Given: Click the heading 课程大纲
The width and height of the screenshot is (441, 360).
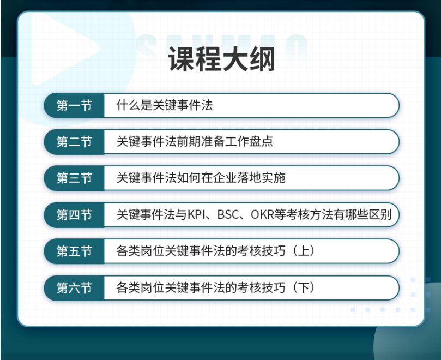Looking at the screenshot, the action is click(x=222, y=59).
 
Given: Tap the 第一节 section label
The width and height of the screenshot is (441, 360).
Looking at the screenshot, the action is click(x=74, y=106).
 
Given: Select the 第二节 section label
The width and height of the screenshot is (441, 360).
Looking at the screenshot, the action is click(x=74, y=142).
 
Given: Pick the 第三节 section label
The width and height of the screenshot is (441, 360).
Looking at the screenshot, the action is click(x=74, y=178).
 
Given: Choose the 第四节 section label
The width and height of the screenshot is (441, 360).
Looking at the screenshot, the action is click(x=74, y=215).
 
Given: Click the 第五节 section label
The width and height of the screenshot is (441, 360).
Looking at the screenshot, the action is click(x=74, y=251).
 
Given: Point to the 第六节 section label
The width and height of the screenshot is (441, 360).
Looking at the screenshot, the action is click(x=74, y=288).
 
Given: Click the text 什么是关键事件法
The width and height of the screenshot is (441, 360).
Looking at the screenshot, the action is click(x=165, y=105).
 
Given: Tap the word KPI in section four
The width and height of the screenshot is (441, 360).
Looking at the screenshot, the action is click(x=197, y=215).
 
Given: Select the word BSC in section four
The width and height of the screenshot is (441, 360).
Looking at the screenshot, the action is click(x=228, y=215).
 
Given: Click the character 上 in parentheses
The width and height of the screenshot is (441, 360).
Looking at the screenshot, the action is click(x=304, y=251).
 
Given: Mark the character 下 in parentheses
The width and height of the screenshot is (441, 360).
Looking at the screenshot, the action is click(x=304, y=287).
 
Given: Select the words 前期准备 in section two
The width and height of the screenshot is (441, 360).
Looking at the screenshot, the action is click(x=201, y=141).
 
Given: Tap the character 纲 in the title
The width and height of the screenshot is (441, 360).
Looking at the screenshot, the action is click(x=262, y=59).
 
